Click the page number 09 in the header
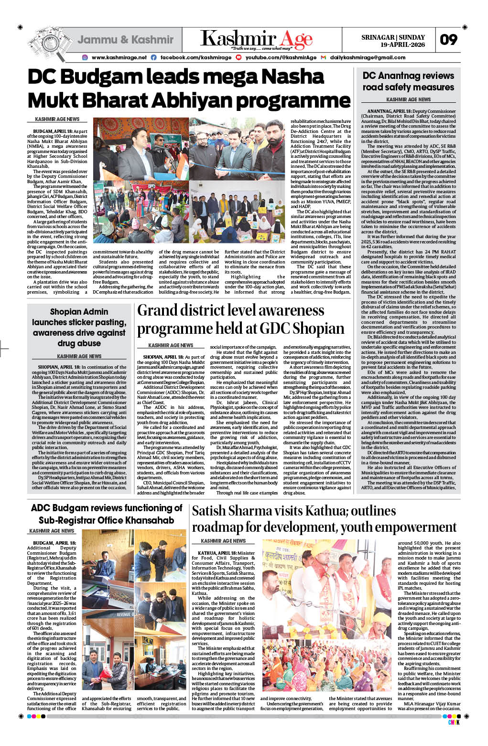point(448,40)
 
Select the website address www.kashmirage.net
point(119,57)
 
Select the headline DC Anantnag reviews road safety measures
point(408,81)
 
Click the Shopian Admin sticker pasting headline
point(79,328)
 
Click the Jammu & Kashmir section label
point(125,40)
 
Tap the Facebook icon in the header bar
point(153,57)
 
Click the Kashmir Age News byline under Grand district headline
point(171,345)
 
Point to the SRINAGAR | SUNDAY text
point(393,37)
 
